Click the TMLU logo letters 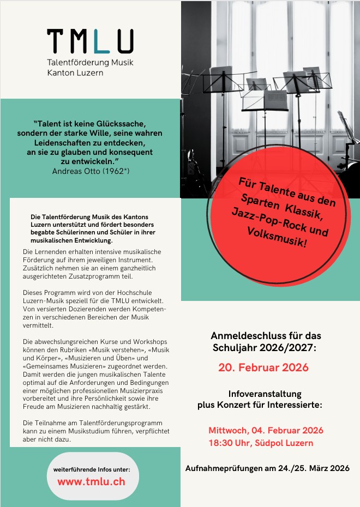click(90, 41)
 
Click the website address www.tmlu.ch click(91, 481)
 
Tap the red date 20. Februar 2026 click(263, 367)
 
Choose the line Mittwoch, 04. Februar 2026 click(266, 430)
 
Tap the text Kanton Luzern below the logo click(72, 72)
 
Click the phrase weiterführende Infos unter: click(92, 469)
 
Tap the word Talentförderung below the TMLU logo click(78, 62)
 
